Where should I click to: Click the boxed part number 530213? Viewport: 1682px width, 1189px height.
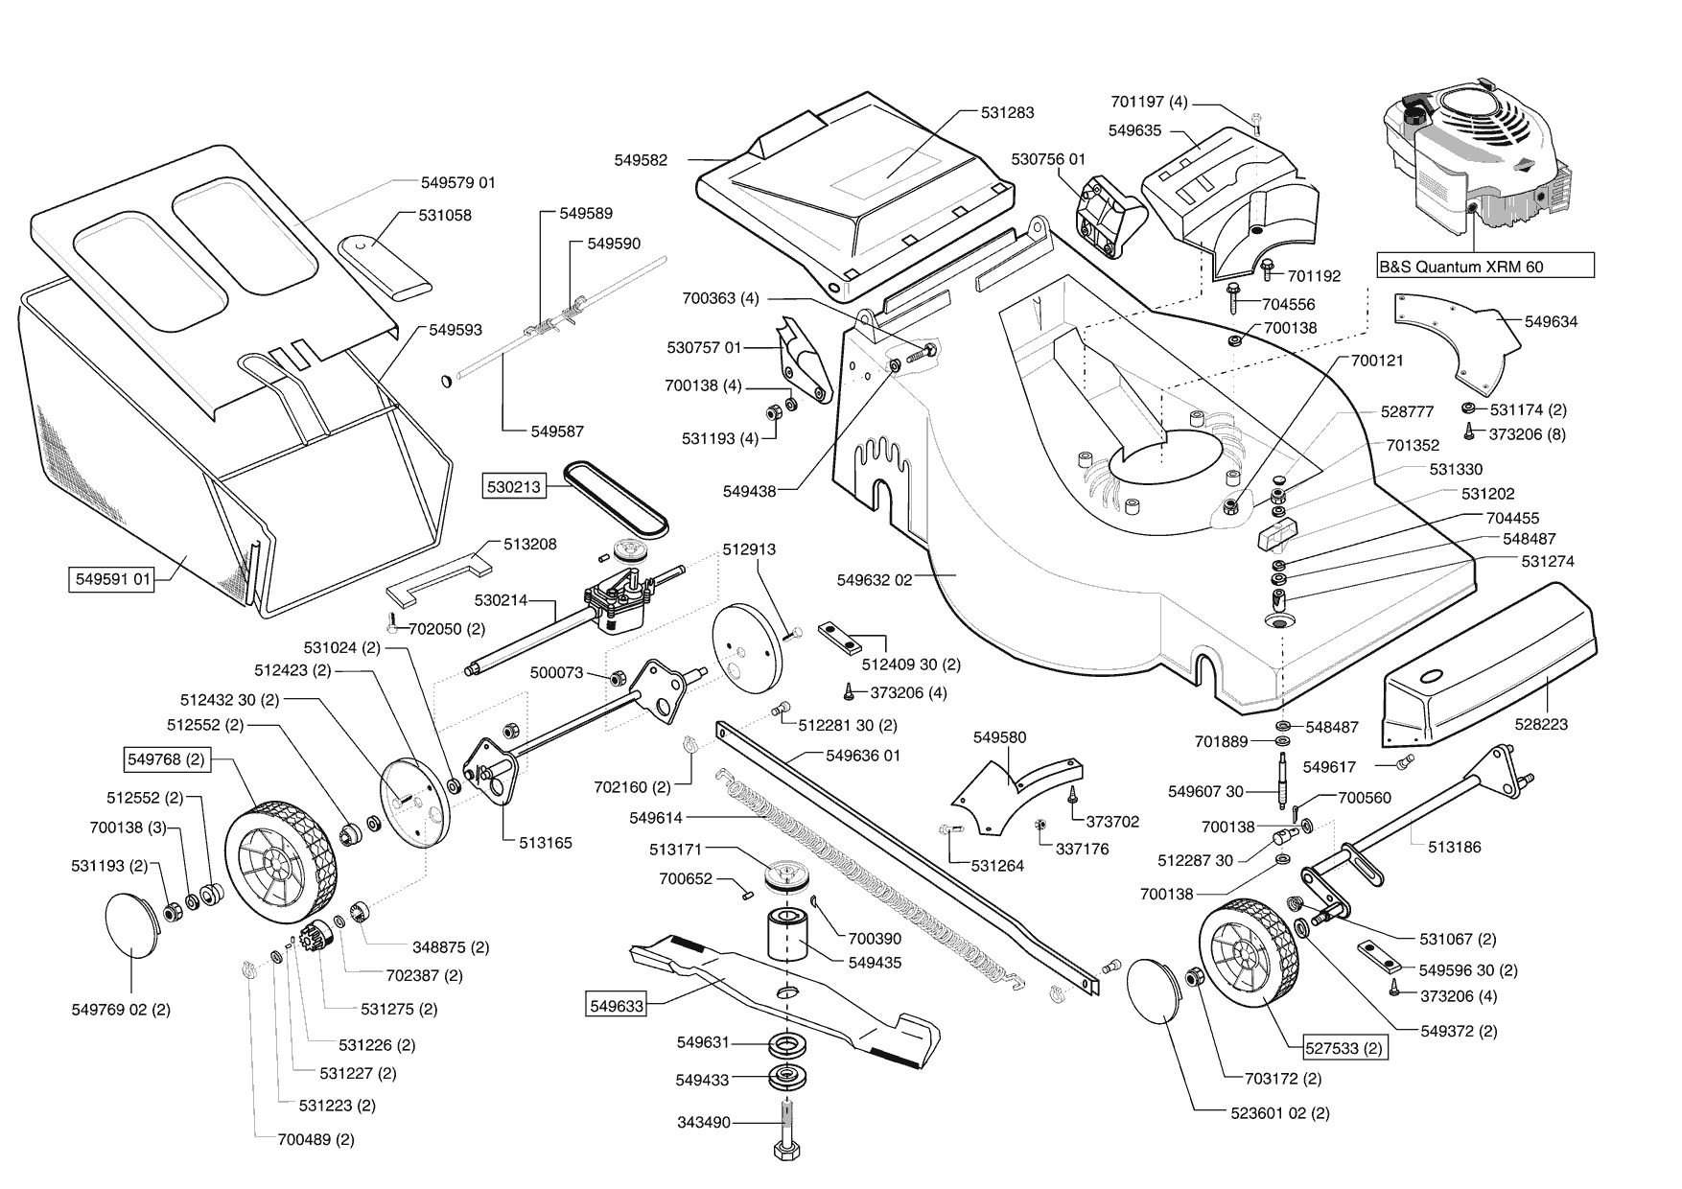[514, 487]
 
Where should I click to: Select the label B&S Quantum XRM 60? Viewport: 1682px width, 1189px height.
[1461, 267]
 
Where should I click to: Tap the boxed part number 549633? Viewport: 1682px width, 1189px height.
[617, 1006]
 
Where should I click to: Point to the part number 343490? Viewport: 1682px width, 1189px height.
[703, 1122]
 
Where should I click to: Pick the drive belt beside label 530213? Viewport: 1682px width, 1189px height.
[616, 497]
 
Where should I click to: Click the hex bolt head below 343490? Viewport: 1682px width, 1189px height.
[786, 1150]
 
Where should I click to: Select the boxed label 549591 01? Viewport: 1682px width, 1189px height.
[113, 579]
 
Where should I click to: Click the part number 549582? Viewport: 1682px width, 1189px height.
[641, 160]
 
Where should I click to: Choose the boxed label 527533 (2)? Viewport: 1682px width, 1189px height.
[1344, 1048]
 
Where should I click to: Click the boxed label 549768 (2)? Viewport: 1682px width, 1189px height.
[166, 759]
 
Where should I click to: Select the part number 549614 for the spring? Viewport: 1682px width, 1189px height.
[656, 818]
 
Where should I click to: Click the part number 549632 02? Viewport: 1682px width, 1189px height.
[874, 579]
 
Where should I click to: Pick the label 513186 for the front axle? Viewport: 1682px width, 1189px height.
[1454, 847]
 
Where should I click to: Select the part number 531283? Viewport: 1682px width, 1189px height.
[1007, 112]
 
